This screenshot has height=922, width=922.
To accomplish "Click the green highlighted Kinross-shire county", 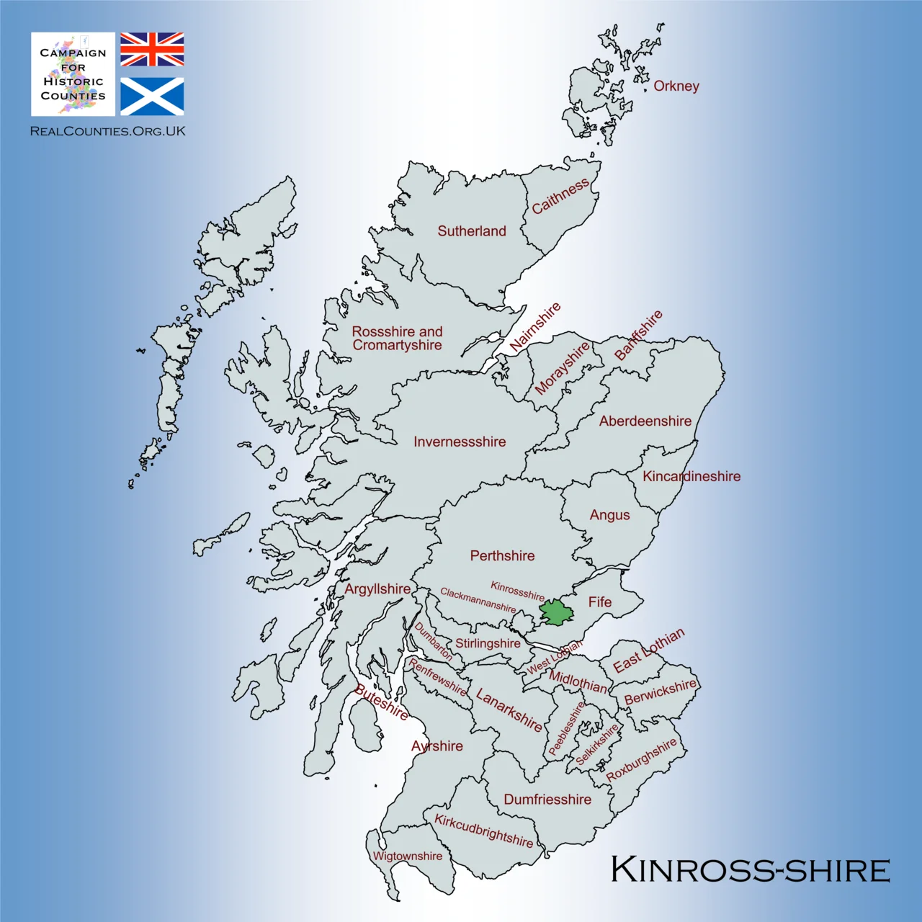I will point(557,612).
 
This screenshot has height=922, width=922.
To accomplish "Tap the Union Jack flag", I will point(152,49).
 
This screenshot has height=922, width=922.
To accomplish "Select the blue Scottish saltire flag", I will point(152,97).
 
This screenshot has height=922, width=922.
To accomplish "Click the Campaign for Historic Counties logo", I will point(73,74).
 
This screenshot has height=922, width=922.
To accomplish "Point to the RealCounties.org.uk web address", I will point(108,131).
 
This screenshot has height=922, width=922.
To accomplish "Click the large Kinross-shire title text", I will point(750,869).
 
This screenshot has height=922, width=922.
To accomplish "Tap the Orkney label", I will point(676,86).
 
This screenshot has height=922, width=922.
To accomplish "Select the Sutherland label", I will point(472,231).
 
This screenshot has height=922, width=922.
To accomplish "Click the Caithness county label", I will point(560,197).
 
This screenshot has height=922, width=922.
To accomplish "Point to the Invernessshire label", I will point(460,442).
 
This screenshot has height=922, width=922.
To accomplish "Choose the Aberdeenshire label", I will point(645,421).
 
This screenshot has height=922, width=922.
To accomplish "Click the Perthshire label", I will point(502,555).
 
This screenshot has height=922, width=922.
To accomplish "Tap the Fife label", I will point(599,601).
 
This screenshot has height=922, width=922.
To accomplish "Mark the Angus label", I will point(609,515).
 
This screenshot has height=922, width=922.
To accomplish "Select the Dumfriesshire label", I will point(547,800).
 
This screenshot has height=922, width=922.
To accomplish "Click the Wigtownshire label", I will point(408,856).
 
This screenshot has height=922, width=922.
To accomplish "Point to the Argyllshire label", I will point(377,588).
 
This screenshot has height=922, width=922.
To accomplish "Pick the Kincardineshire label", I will point(691,476).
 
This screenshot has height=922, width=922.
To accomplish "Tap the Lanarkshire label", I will point(509,710).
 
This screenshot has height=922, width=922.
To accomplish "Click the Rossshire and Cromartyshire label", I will point(398,338).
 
